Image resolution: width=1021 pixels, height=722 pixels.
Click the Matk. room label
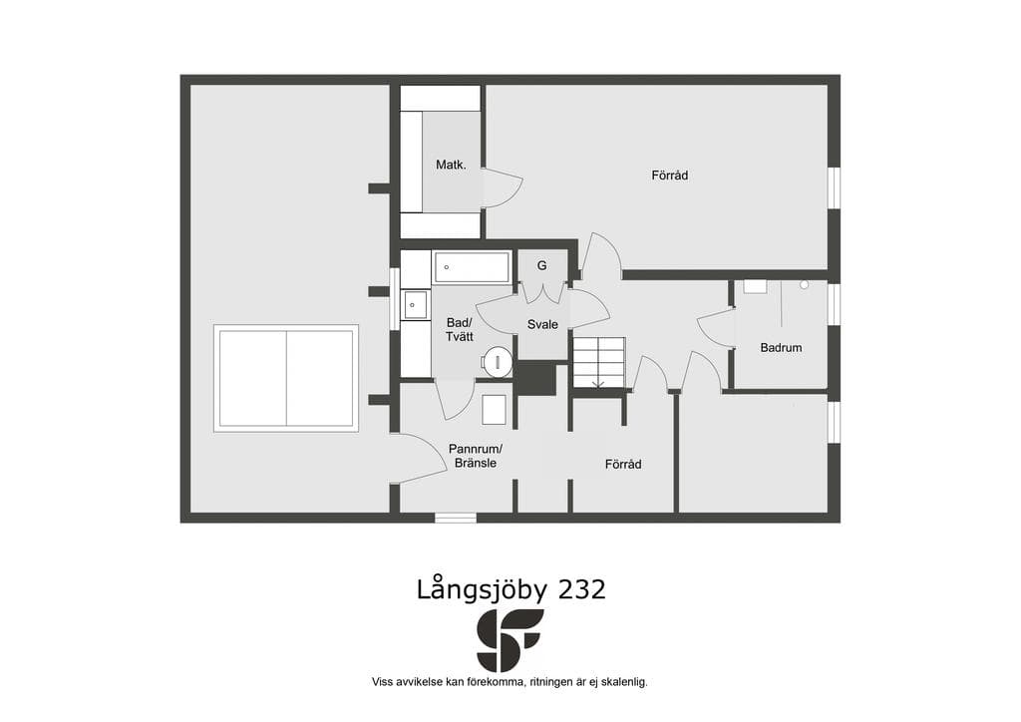click(x=451, y=165)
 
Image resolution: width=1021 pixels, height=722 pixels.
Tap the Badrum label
click(x=781, y=348)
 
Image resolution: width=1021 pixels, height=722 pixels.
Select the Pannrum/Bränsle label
click(x=476, y=456)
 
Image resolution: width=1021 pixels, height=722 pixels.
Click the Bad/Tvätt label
click(x=459, y=330)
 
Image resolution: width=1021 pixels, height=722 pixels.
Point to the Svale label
click(x=542, y=324)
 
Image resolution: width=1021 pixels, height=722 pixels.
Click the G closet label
click(x=541, y=265)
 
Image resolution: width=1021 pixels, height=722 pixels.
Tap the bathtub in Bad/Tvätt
click(x=472, y=267)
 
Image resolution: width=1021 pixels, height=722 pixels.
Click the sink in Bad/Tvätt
click(x=415, y=305)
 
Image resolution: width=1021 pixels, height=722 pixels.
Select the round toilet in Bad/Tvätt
click(x=498, y=361)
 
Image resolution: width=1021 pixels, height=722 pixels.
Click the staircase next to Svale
click(x=598, y=363)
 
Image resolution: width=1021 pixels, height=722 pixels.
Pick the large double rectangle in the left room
click(x=286, y=378)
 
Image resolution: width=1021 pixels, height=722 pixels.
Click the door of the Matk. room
click(x=503, y=187)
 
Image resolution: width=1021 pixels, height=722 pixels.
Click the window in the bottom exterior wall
click(x=456, y=518)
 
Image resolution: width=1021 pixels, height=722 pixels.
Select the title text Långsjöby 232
click(x=511, y=589)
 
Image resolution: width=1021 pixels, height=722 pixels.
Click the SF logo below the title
click(x=510, y=640)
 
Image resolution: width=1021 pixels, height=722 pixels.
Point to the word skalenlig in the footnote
click(x=624, y=682)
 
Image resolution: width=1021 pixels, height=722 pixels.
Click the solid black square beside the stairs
click(x=535, y=379)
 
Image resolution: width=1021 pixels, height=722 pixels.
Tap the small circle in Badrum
click(x=805, y=284)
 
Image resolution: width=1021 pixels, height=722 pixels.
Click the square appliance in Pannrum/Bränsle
click(x=495, y=410)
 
